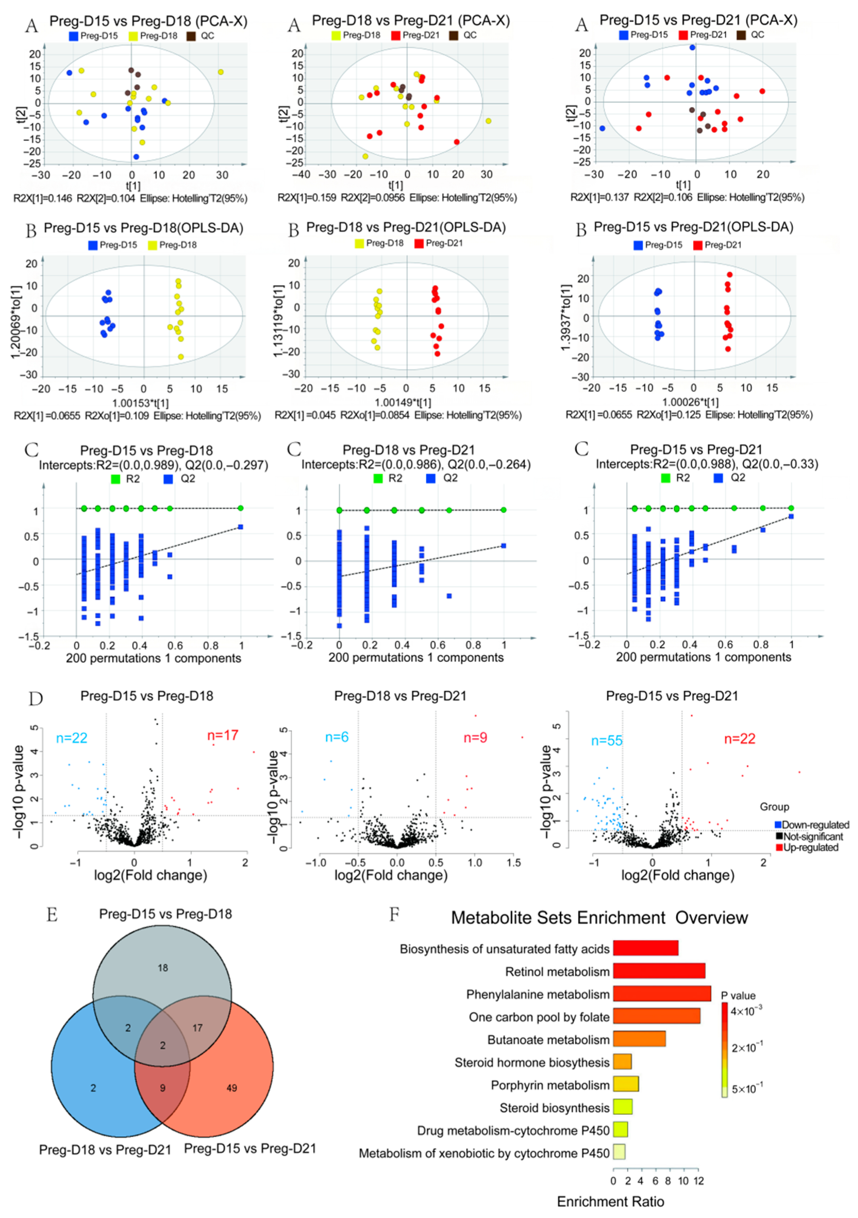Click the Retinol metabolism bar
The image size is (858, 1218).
(658, 971)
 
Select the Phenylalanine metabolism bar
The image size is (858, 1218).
(661, 994)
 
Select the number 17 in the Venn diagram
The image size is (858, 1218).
(197, 1028)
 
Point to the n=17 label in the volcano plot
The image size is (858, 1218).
(223, 735)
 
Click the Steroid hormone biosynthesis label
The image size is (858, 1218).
(532, 1063)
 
